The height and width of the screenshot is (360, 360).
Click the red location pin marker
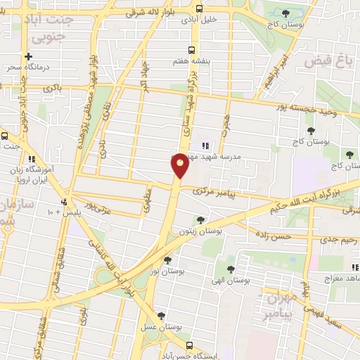180,166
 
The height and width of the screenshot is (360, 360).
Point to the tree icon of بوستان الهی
231,269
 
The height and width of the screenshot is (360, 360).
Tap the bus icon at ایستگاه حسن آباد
189,345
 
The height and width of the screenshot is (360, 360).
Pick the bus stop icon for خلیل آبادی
199,9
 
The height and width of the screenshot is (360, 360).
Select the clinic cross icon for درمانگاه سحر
27,57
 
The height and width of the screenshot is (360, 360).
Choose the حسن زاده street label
272,237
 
